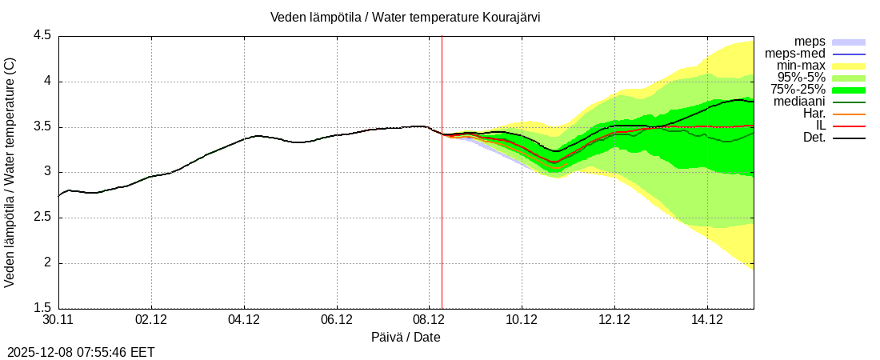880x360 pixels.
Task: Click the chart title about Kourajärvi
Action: click(x=405, y=17)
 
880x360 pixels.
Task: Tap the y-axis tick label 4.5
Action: click(x=42, y=36)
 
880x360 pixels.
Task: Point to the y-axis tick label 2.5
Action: click(x=42, y=218)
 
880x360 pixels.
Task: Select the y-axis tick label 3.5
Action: click(x=42, y=127)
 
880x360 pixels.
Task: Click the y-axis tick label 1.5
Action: click(x=42, y=308)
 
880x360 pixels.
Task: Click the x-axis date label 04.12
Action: click(x=244, y=320)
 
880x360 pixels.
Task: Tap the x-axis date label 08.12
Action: click(x=429, y=320)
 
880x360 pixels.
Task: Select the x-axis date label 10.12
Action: click(x=522, y=320)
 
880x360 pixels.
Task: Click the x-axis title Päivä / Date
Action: click(x=406, y=338)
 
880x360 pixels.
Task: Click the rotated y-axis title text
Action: click(x=10, y=172)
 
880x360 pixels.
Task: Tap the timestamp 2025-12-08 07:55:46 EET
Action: click(x=81, y=352)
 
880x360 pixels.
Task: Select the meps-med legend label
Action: click(x=795, y=54)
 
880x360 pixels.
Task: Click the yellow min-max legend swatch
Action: click(x=849, y=66)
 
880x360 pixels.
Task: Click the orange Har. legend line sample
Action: click(x=849, y=114)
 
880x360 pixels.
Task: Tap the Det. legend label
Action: click(x=814, y=138)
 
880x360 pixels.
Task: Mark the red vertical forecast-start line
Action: click(x=442, y=200)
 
